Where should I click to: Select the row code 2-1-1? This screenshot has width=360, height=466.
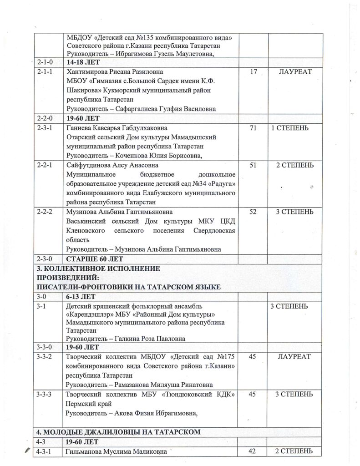click(46, 72)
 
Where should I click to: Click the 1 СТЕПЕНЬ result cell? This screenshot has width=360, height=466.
click(290, 128)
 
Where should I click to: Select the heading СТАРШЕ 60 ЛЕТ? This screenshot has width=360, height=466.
click(91, 259)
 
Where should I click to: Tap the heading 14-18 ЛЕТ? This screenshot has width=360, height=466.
click(82, 62)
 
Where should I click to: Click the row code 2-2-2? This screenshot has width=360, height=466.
click(46, 212)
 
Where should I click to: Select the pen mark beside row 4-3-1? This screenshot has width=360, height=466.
click(29, 450)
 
